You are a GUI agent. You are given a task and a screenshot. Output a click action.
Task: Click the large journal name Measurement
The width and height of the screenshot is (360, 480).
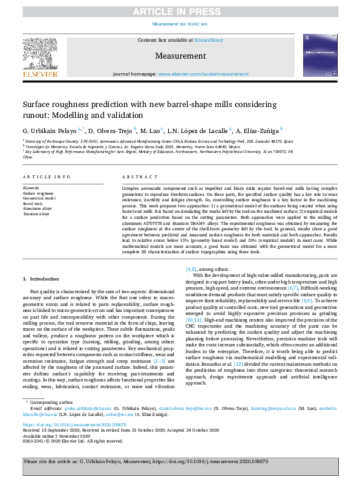pos(180,56)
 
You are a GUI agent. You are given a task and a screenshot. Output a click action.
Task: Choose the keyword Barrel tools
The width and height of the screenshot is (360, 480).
pos(33,204)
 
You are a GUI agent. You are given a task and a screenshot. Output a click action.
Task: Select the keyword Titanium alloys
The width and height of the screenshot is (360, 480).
pos(36,214)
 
